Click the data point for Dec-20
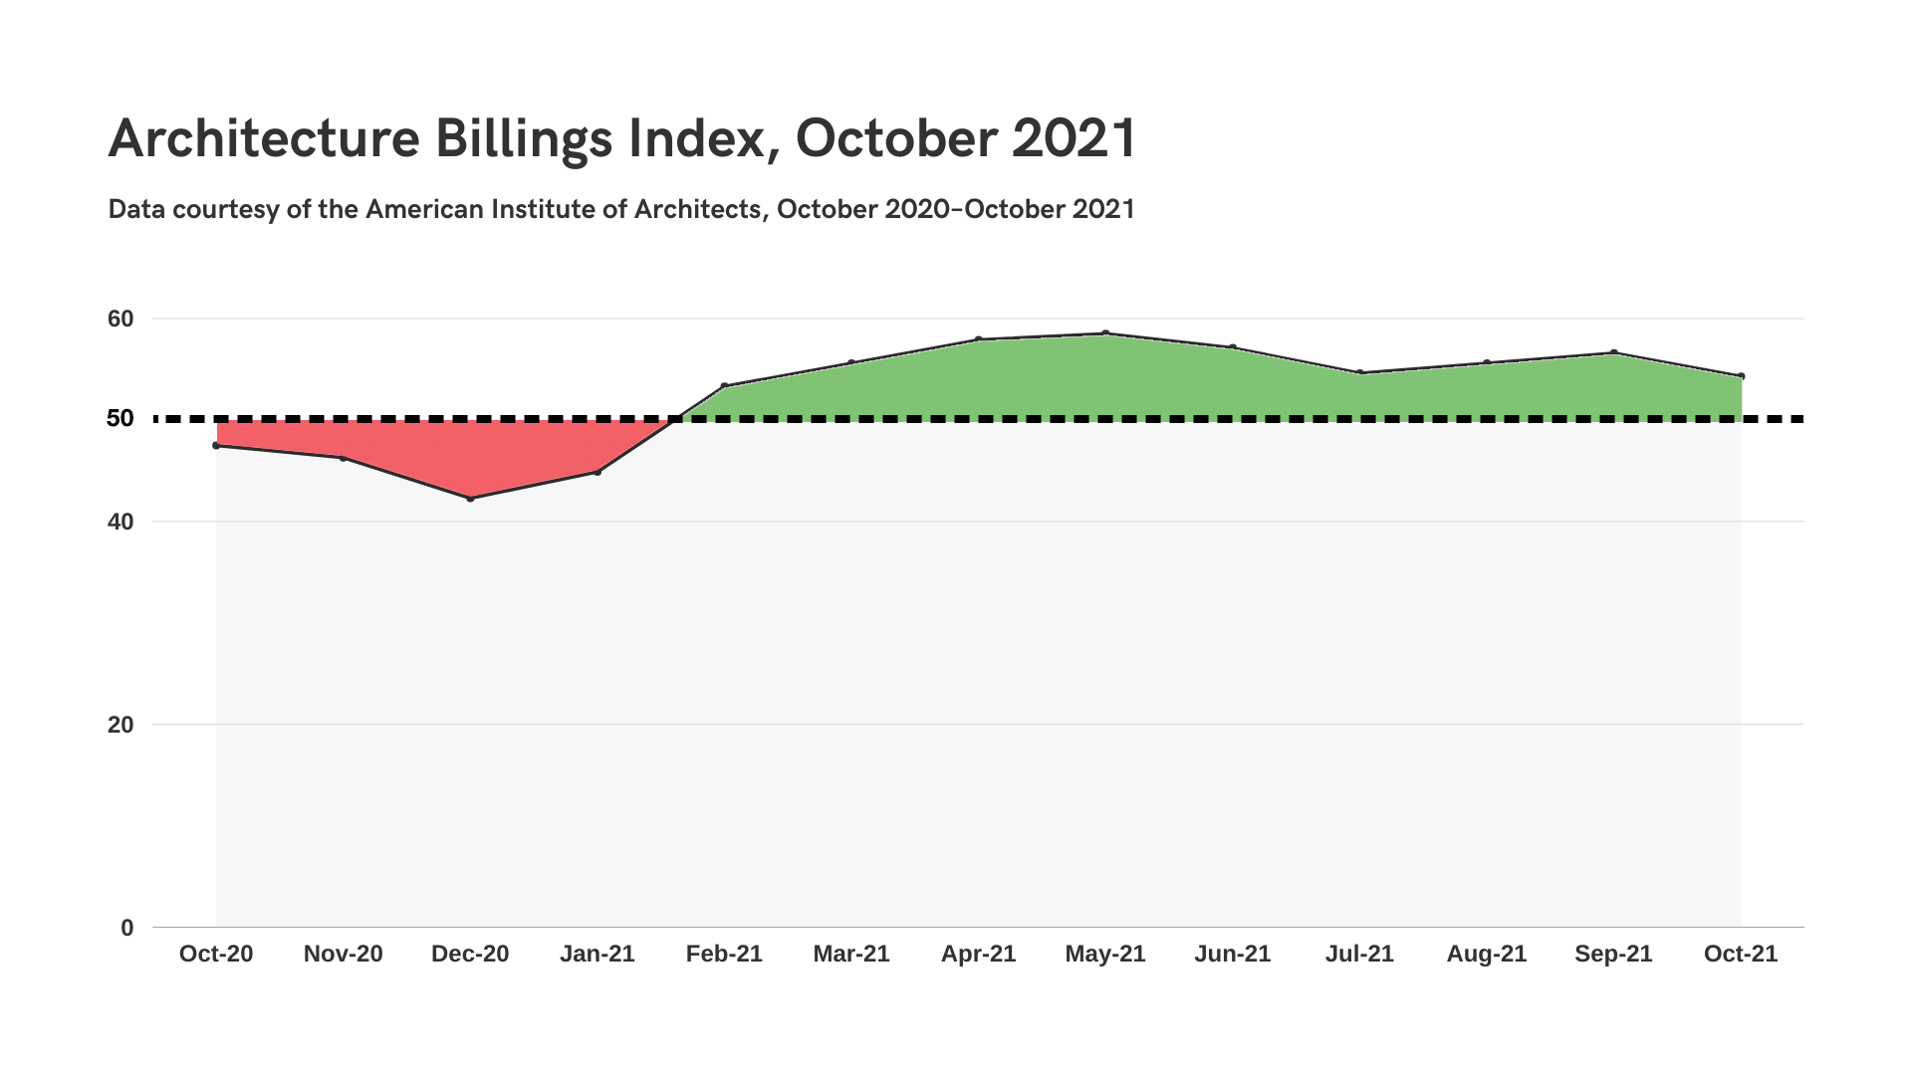[470, 498]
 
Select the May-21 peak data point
[1105, 333]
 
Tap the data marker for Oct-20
[216, 445]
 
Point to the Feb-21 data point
[724, 385]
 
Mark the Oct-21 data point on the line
[1741, 376]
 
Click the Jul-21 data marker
[1359, 372]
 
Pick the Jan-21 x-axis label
[597, 954]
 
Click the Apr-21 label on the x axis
[978, 954]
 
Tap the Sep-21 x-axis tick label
[1613, 954]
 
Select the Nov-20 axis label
[343, 954]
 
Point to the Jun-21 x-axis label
[1232, 954]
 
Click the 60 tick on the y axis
[120, 319]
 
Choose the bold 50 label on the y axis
[120, 419]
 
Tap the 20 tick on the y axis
[120, 725]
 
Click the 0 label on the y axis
[126, 928]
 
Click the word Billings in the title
[524, 138]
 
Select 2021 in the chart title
[1075, 138]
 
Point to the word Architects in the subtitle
[697, 209]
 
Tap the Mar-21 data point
[851, 362]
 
